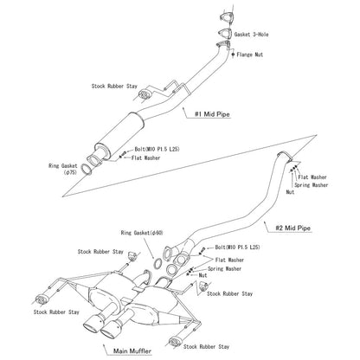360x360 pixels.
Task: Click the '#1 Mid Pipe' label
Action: pos(212,114)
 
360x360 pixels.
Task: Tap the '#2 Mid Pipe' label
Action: pos(292,228)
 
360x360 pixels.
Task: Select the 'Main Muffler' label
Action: pos(132,351)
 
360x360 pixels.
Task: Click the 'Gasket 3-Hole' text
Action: pos(251,35)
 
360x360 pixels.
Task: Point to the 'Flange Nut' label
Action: pos(250,55)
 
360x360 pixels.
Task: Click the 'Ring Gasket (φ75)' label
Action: pos(63,169)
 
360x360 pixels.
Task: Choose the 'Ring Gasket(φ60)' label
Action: pos(142,233)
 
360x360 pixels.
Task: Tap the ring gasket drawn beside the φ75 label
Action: pos(86,170)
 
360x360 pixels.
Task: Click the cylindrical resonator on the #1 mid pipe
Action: pos(119,135)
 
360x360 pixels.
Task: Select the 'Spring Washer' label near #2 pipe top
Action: pos(311,185)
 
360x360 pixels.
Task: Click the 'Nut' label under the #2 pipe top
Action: pos(290,192)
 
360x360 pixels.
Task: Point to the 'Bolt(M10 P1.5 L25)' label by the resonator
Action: pos(157,149)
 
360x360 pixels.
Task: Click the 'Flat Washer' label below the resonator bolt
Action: pos(145,157)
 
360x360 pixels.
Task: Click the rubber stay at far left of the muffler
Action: pos(41,299)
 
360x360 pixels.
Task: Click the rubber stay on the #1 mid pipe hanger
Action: pos(144,94)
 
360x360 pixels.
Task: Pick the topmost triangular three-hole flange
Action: pos(226,17)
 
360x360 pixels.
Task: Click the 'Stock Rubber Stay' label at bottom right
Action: pos(206,346)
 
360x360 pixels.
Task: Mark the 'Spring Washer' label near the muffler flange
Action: pos(224,268)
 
